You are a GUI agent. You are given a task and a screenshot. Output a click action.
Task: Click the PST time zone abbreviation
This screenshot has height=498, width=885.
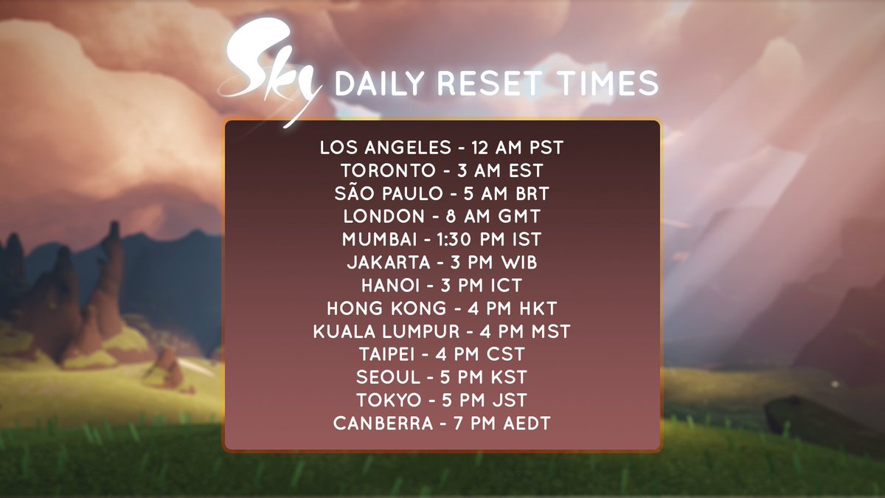(546, 148)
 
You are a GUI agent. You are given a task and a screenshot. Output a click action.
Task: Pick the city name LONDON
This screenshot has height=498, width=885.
(383, 217)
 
